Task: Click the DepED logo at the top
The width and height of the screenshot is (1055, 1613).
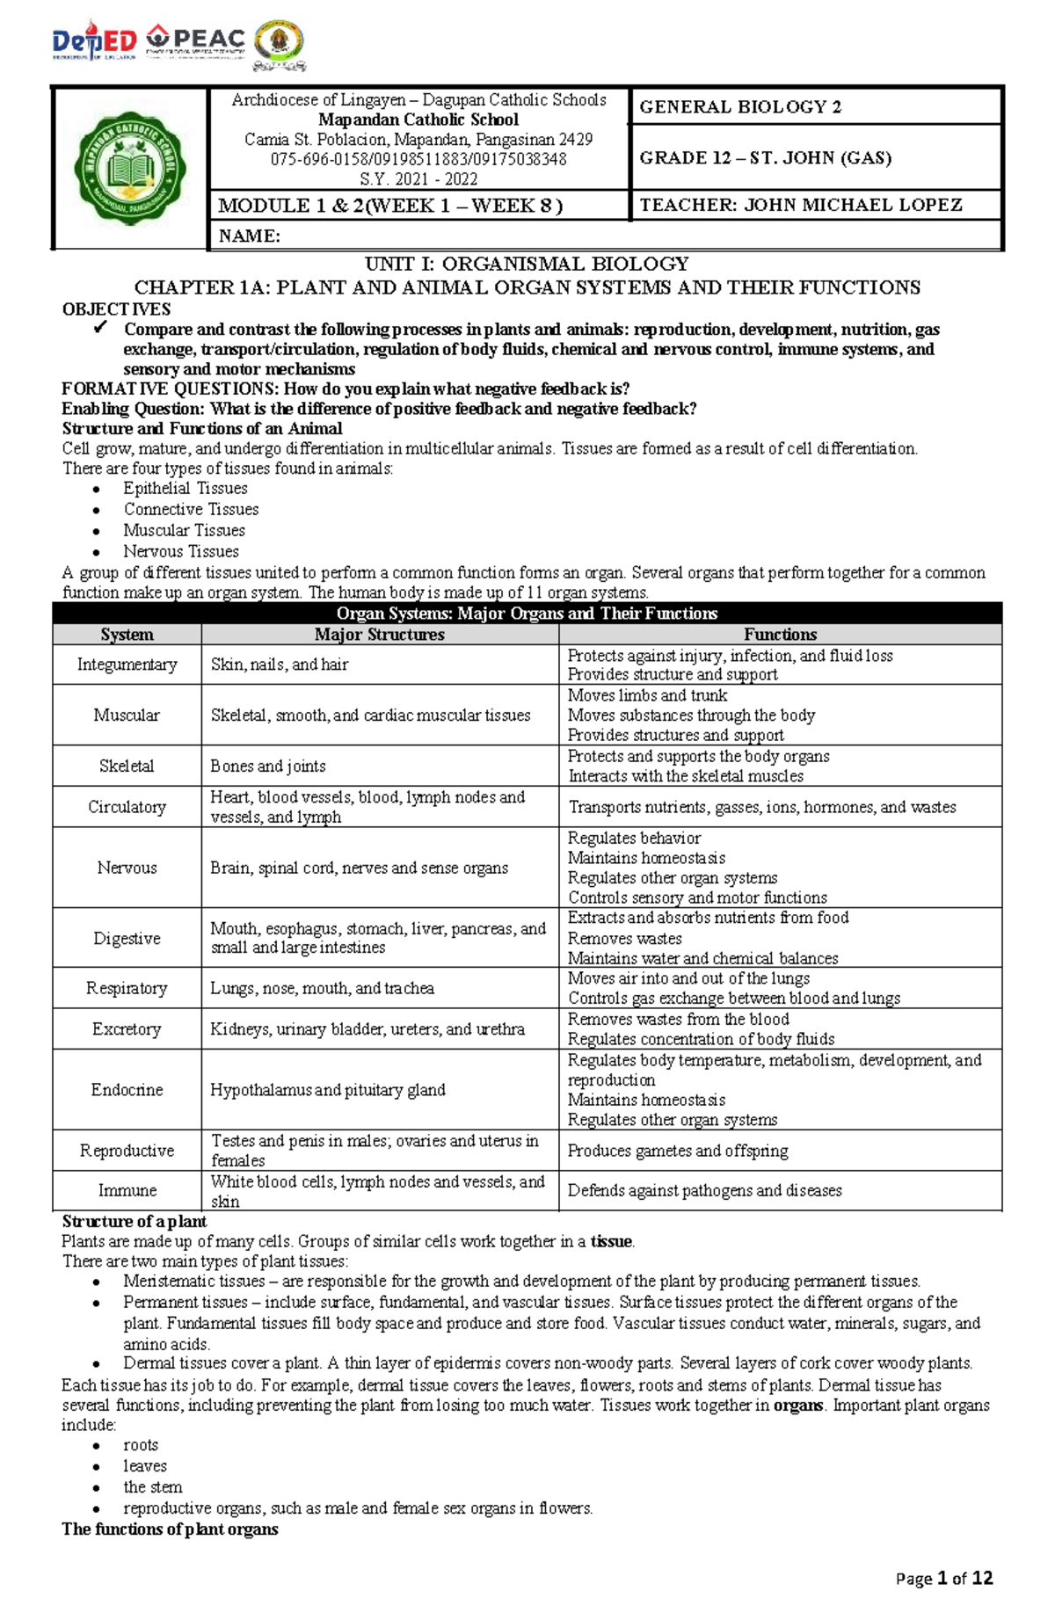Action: pyautogui.click(x=95, y=41)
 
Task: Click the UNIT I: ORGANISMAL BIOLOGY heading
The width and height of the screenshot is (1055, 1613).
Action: pyautogui.click(x=527, y=264)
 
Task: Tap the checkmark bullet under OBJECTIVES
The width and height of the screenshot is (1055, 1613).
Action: pyautogui.click(x=100, y=329)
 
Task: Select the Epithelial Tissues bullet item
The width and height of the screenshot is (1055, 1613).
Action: pyautogui.click(x=185, y=488)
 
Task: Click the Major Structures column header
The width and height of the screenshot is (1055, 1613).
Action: pyautogui.click(x=379, y=635)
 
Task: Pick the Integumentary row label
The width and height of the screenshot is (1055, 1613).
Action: pyautogui.click(x=127, y=665)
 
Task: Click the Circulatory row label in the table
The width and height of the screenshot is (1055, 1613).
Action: pyautogui.click(x=127, y=807)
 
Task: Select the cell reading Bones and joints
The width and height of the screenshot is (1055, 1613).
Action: pyautogui.click(x=267, y=766)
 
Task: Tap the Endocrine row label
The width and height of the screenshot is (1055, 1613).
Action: pyautogui.click(x=127, y=1089)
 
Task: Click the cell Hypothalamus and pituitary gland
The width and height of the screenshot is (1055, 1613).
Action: pyautogui.click(x=327, y=1089)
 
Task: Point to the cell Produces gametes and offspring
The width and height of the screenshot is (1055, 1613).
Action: pyautogui.click(x=677, y=1150)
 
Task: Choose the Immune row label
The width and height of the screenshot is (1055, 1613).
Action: pyautogui.click(x=127, y=1190)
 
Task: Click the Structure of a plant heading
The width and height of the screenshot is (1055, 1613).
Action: pyautogui.click(x=134, y=1221)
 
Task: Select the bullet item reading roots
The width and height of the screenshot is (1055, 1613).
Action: pyautogui.click(x=141, y=1444)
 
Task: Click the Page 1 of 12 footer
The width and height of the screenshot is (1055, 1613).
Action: pyautogui.click(x=943, y=1578)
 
